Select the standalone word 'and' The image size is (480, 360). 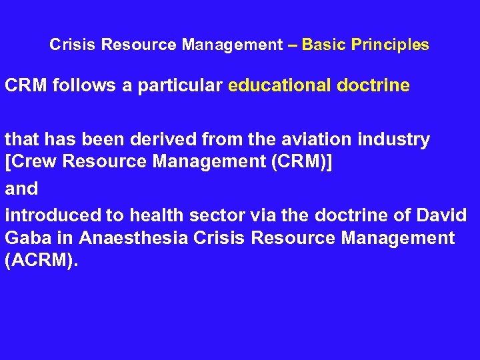point(21,189)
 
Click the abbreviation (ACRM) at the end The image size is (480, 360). point(41,261)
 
